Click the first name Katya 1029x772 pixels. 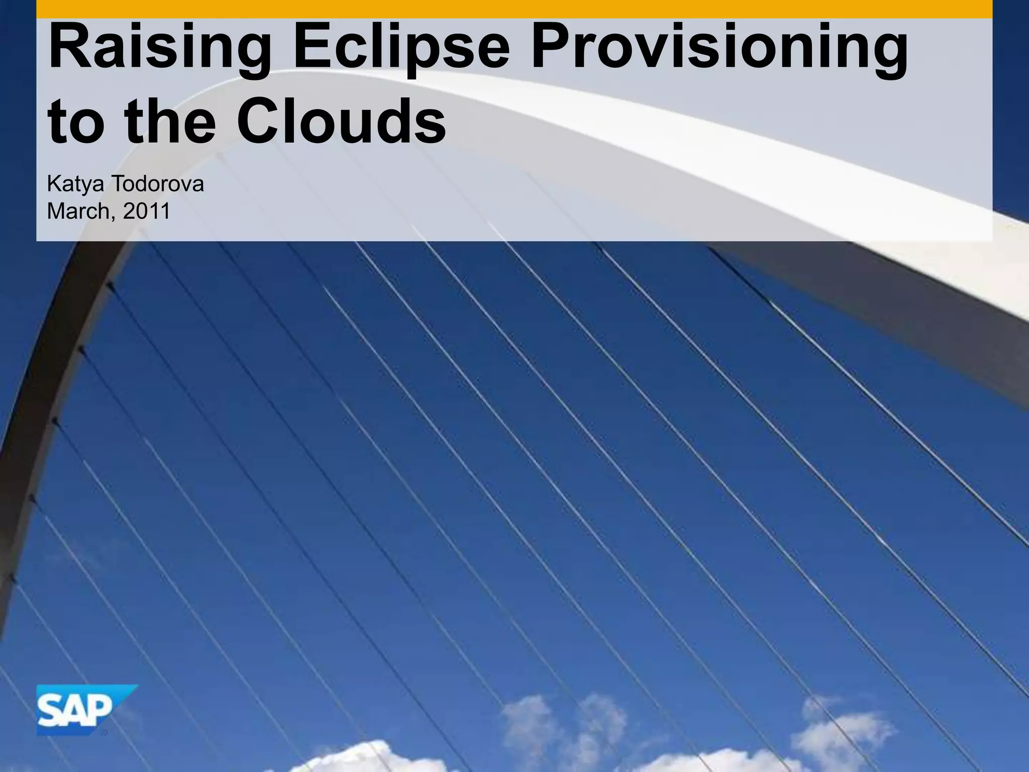click(75, 184)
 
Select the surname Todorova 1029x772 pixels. click(157, 184)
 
